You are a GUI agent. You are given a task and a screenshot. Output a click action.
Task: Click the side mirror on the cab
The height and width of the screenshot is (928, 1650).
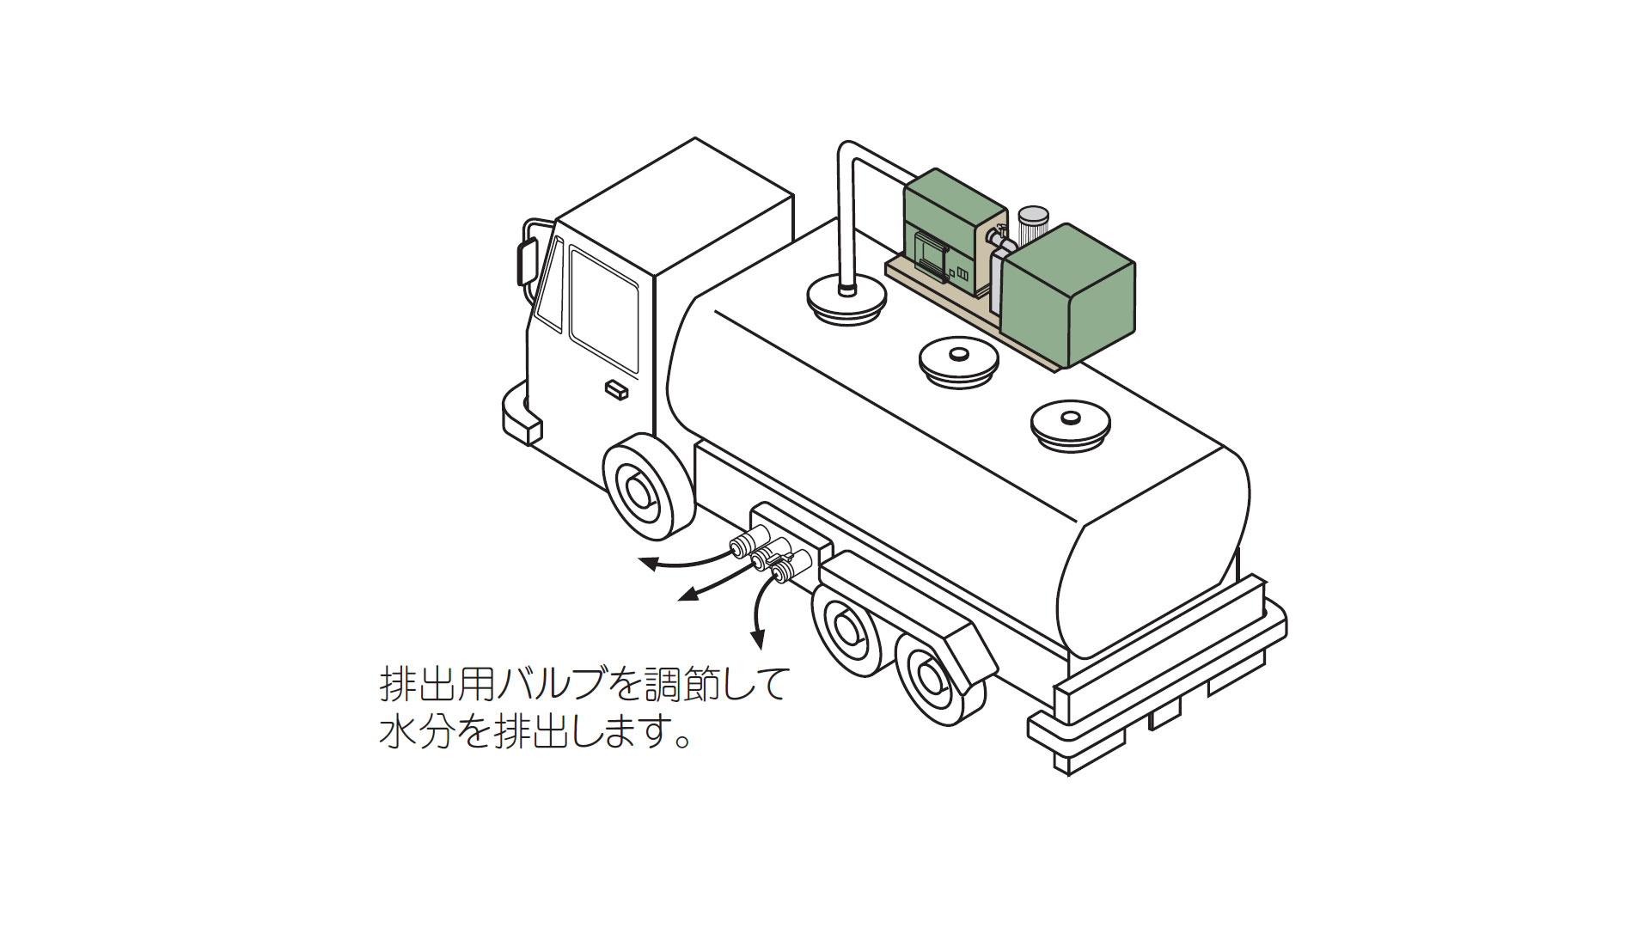526,262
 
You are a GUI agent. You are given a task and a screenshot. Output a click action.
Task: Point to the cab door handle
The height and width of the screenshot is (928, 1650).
616,390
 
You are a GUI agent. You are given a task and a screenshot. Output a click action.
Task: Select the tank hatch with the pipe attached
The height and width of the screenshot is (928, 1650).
846,301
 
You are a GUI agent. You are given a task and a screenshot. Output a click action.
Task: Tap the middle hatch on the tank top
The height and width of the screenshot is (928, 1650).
958,359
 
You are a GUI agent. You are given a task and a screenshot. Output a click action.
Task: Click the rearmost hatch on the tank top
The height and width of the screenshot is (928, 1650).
1070,424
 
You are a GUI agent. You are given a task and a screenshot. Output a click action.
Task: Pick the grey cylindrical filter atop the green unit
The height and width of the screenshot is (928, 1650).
1032,225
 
